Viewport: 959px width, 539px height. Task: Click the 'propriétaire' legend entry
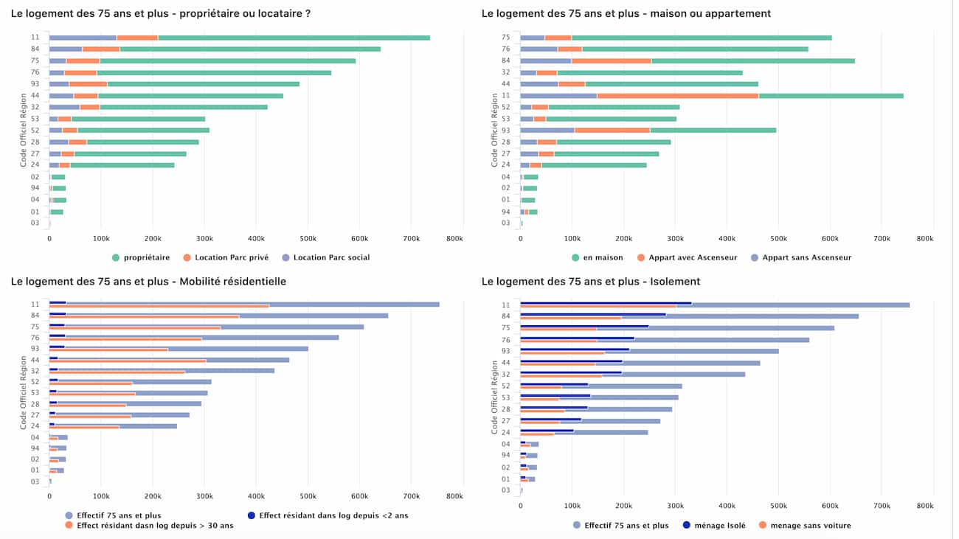click(145, 257)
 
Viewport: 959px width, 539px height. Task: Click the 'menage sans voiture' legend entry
click(810, 525)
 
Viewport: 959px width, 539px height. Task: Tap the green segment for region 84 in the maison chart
click(752, 60)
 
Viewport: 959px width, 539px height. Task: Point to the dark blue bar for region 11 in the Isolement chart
click(605, 303)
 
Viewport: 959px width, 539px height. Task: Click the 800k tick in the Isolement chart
click(924, 506)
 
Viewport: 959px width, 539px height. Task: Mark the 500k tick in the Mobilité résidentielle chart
click(308, 496)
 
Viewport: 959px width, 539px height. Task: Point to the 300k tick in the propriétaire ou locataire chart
click(204, 239)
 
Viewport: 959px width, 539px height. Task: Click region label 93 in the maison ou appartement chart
click(505, 130)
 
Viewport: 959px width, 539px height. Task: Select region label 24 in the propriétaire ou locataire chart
click(35, 164)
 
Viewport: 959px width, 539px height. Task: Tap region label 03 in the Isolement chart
click(505, 490)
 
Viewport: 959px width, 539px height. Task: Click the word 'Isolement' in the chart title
click(676, 281)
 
